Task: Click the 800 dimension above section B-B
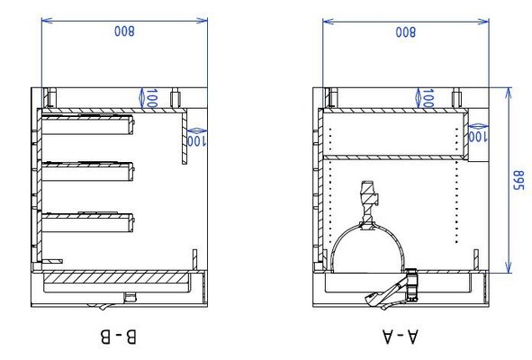tap(124, 31)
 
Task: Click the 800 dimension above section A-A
tap(405, 32)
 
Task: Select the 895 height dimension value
tap(518, 180)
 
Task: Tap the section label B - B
tap(119, 337)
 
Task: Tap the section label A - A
tap(400, 337)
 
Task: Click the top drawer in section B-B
tap(87, 124)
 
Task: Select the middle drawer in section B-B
tap(87, 171)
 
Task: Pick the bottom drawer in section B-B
tap(87, 222)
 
